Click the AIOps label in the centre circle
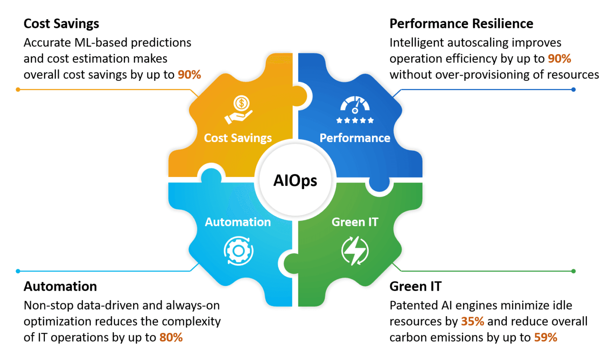(295, 181)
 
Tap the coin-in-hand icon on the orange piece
(239, 109)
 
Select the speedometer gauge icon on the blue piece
(355, 105)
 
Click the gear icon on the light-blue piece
(239, 251)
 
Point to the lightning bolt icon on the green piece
(355, 251)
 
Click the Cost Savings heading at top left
(61, 24)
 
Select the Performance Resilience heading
(461, 24)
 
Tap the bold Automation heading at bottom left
(60, 286)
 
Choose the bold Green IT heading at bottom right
(416, 286)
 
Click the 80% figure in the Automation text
(171, 338)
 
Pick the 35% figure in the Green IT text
(472, 322)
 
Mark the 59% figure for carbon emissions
(546, 338)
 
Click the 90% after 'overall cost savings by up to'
(189, 75)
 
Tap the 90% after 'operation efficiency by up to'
(559, 59)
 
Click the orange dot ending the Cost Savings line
(18, 90)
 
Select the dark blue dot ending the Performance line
(573, 90)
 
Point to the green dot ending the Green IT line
(573, 271)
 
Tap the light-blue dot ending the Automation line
(18, 271)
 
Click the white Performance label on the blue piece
(355, 138)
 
